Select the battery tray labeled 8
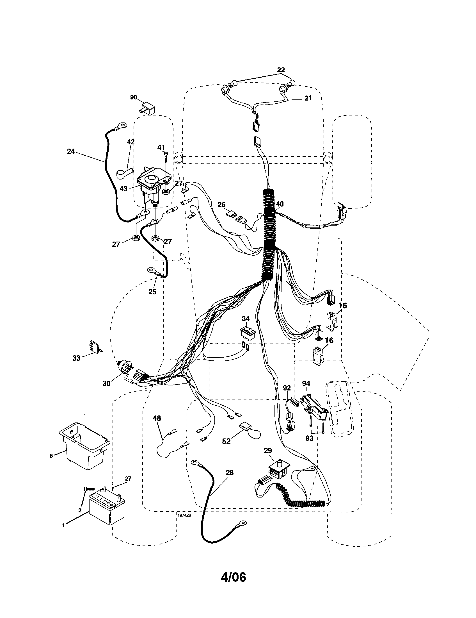[84, 449]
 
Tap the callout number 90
[133, 97]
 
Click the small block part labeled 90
[148, 109]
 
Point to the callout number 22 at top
[281, 70]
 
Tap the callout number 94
[306, 383]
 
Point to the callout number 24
[71, 151]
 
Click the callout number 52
[226, 441]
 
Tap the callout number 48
[157, 418]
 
